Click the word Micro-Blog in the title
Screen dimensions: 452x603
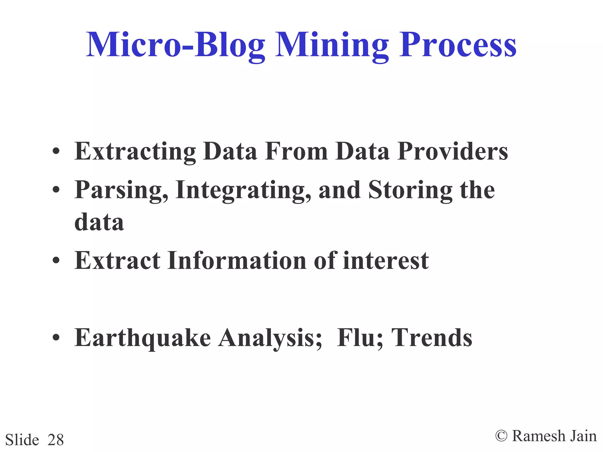[175, 45]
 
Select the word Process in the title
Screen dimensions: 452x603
[458, 45]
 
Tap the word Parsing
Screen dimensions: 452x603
[121, 191]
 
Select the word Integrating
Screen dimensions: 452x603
[243, 191]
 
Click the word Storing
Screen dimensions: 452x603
[410, 191]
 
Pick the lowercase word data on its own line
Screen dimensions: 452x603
[99, 222]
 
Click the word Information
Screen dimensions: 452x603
[237, 260]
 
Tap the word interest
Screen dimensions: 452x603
[386, 260]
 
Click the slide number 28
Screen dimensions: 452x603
[56, 440]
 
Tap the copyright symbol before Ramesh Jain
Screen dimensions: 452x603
[501, 436]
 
